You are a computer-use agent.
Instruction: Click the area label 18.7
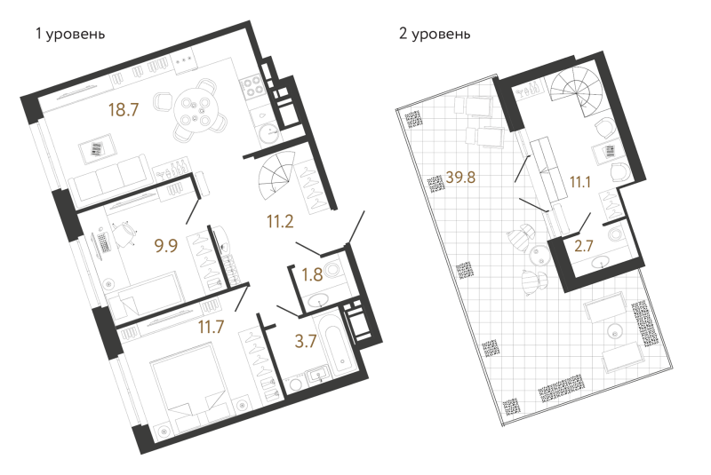click(123, 109)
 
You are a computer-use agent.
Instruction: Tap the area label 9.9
click(166, 245)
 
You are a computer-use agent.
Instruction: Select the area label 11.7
click(212, 326)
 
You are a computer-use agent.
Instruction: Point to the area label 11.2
click(280, 221)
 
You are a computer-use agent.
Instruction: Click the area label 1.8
click(313, 274)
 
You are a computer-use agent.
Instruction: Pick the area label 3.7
click(306, 341)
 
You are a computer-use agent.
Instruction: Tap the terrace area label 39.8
click(460, 177)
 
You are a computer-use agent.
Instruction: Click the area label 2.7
click(584, 245)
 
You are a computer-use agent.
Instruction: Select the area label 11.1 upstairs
click(580, 182)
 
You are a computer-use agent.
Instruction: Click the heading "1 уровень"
click(70, 34)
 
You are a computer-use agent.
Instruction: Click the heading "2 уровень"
click(435, 34)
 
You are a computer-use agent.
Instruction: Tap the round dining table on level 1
click(196, 109)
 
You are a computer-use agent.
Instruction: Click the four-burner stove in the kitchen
click(252, 87)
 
